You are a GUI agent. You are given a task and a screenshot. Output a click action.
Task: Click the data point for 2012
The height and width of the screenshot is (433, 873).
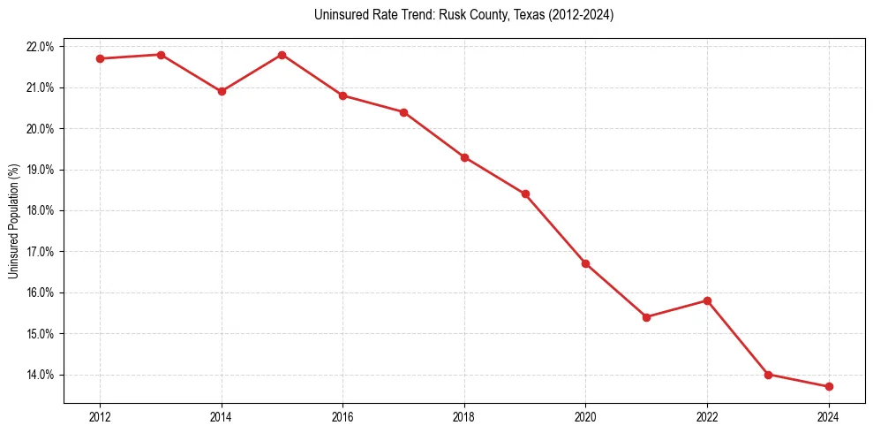[x=101, y=58]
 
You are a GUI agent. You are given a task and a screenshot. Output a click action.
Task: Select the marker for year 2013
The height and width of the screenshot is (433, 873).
[x=161, y=55]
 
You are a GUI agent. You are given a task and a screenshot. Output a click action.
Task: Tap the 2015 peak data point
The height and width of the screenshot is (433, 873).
[x=282, y=55]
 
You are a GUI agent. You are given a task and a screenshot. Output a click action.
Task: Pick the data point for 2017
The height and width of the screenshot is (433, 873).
[x=403, y=112]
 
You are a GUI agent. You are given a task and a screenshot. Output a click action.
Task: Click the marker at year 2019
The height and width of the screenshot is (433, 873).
[x=525, y=194]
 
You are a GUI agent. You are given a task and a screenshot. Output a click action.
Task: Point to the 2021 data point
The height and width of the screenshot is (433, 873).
[x=646, y=317]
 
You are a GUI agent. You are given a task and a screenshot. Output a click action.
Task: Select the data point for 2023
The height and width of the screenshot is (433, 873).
[x=768, y=375]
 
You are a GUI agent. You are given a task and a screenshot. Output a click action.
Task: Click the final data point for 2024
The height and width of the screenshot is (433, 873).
[x=829, y=387]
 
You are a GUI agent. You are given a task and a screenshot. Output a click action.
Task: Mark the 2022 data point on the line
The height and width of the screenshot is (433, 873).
[x=707, y=300]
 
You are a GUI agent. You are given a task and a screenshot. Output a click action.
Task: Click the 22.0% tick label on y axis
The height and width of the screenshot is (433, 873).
[x=41, y=47]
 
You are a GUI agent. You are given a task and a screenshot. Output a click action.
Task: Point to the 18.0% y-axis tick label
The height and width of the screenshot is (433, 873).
[x=41, y=211]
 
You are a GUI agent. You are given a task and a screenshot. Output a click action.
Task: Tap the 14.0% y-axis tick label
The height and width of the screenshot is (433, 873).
[x=41, y=375]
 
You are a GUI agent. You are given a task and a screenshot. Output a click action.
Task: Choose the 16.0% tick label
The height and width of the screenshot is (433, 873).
[x=41, y=293]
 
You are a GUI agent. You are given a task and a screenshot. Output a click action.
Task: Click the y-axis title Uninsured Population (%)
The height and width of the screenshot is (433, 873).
[x=14, y=221]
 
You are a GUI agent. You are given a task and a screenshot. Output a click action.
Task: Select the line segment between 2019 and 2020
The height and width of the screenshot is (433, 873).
[x=555, y=229]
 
